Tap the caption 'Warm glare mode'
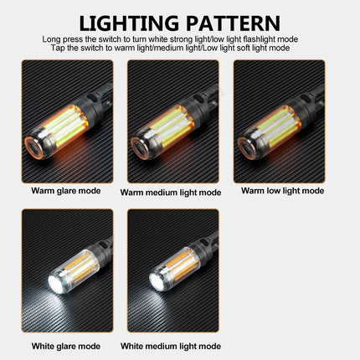tap(66, 191)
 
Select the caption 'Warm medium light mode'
tap(171, 192)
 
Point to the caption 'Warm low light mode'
tap(282, 191)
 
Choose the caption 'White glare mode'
tap(66, 346)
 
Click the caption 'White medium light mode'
tap(171, 346)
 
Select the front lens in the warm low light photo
tap(249, 147)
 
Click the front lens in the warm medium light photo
tap(142, 146)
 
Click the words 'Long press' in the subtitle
tap(59, 39)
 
